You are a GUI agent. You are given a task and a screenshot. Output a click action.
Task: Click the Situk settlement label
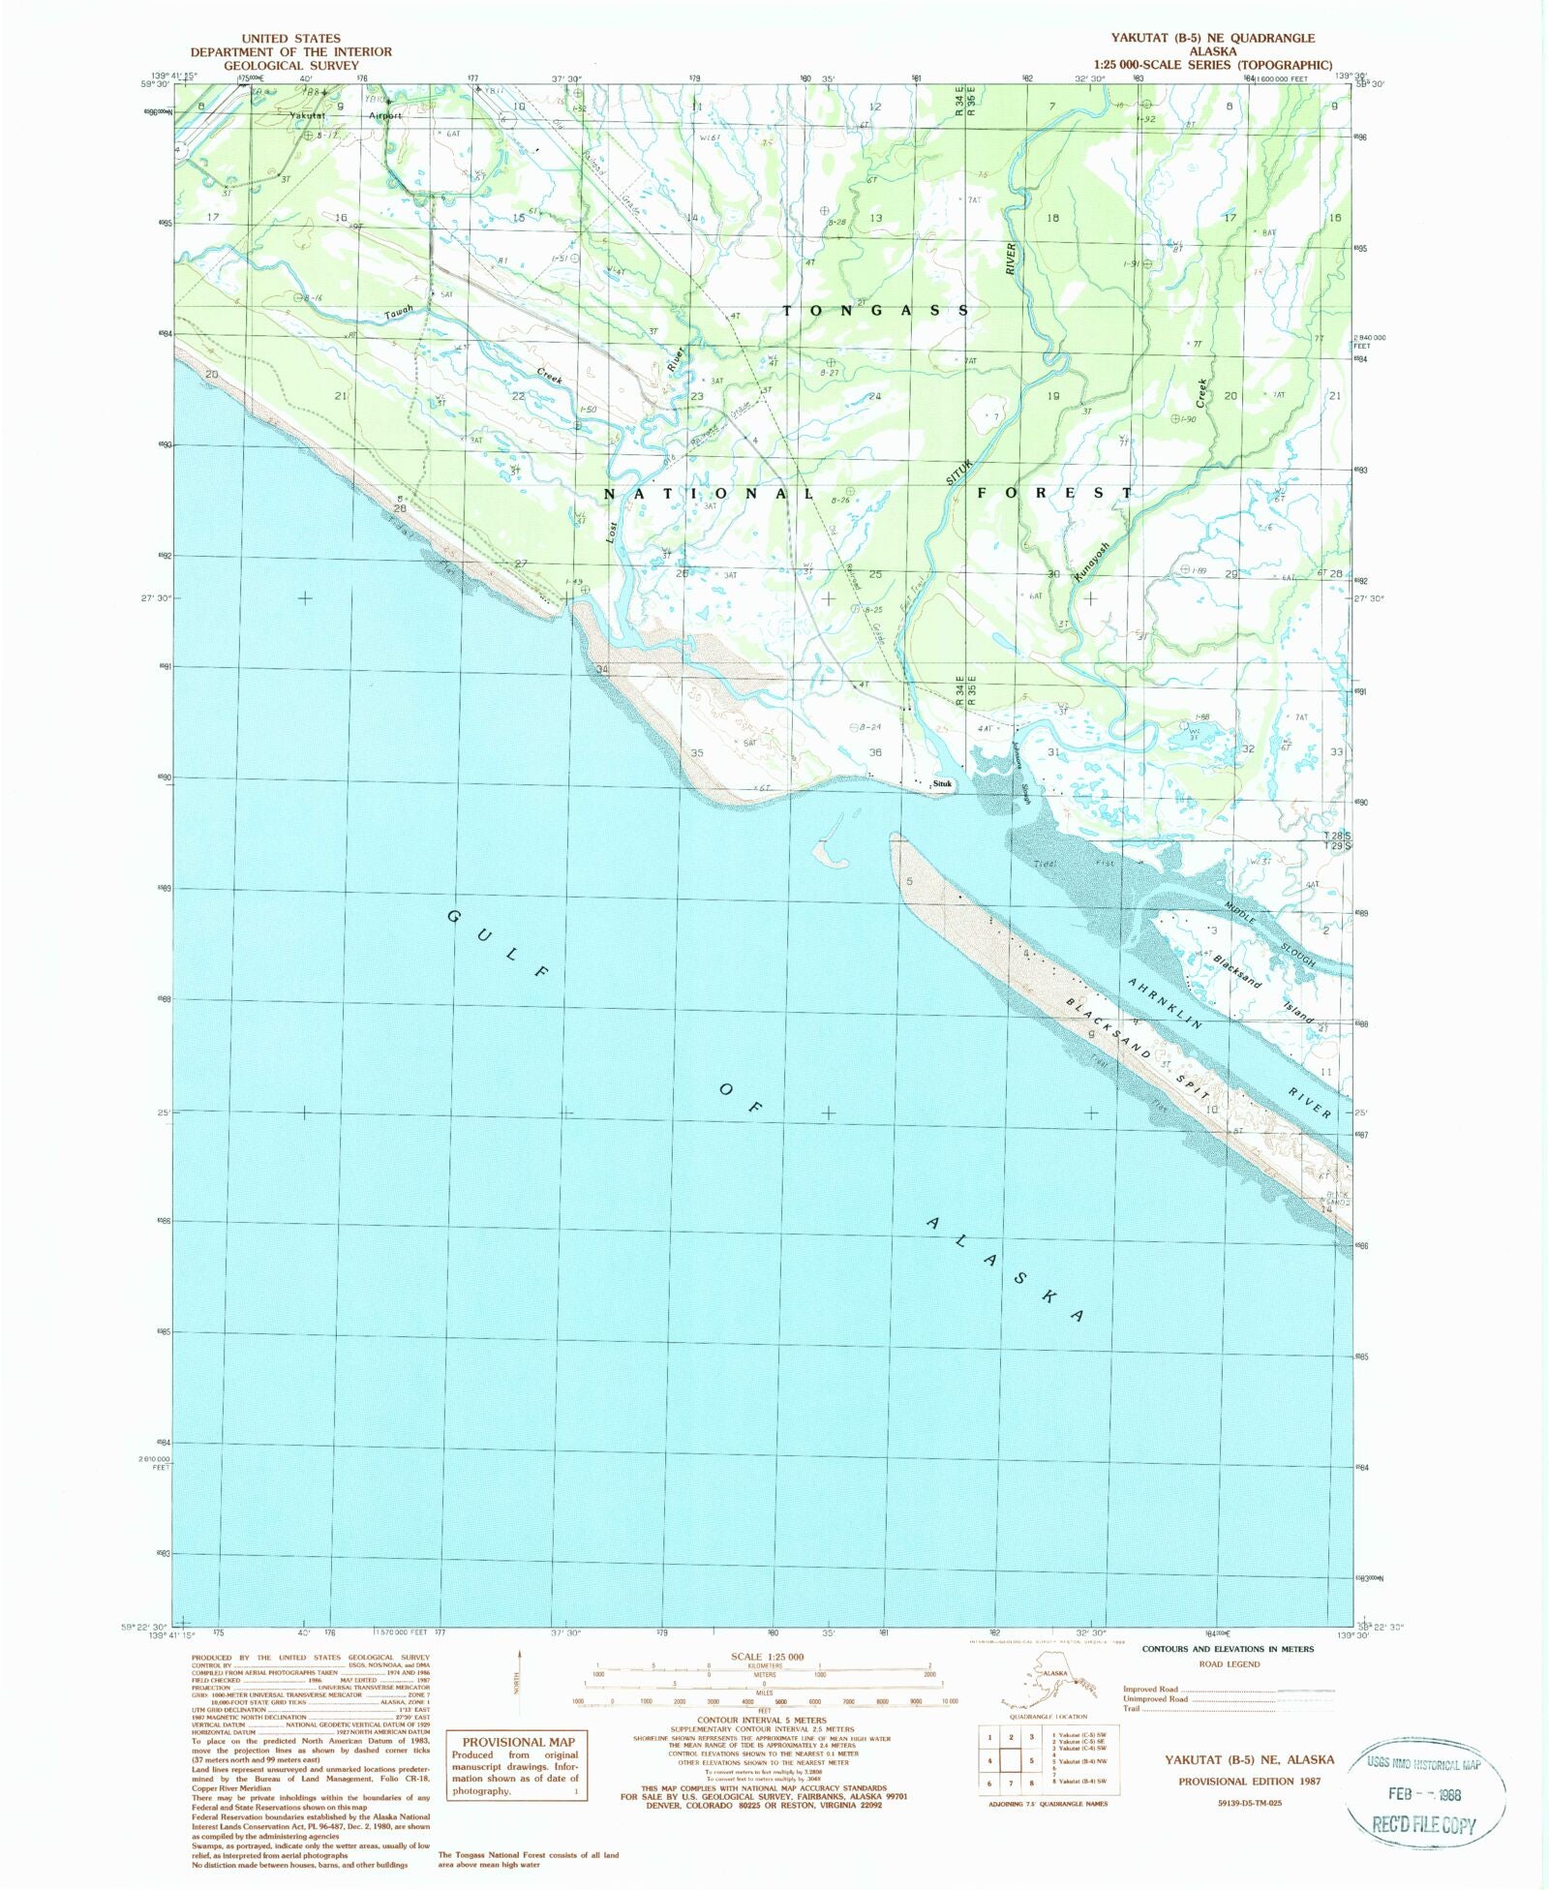[942, 783]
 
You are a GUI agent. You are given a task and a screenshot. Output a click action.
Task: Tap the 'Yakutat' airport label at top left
[307, 115]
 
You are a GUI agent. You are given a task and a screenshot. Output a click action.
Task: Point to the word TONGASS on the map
[875, 310]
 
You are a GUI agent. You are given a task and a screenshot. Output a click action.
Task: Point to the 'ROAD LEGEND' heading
[1230, 1663]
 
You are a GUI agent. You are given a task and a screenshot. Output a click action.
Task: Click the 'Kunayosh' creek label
[1091, 560]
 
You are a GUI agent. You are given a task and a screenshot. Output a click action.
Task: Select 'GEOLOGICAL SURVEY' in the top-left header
[290, 65]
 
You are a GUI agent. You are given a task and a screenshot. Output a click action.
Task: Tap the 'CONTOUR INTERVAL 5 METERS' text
[764, 1721]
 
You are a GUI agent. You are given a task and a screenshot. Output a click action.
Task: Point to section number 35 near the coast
[697, 752]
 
